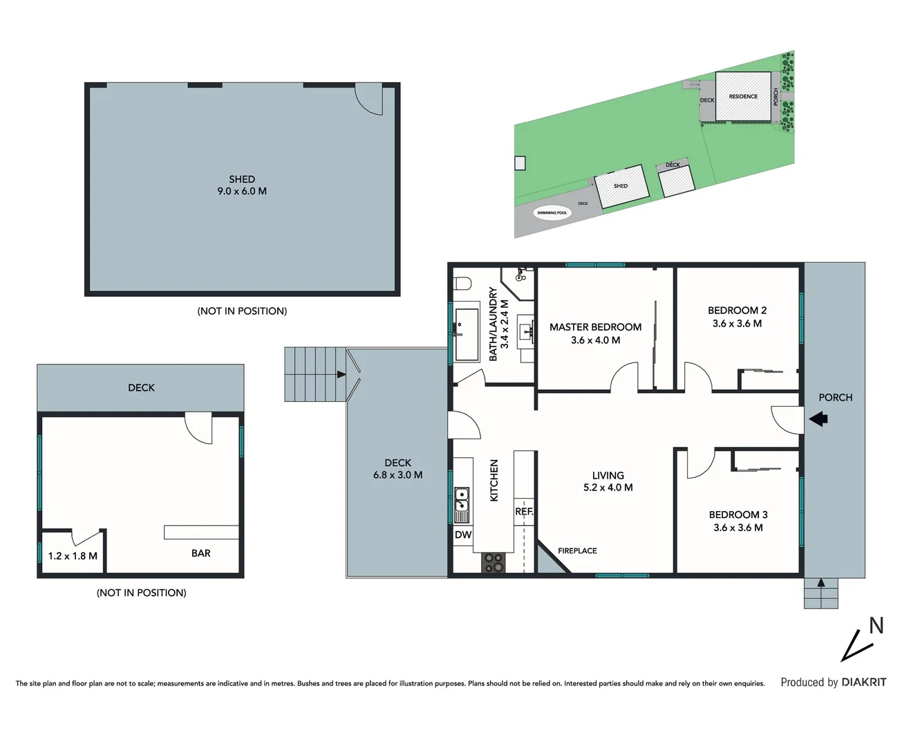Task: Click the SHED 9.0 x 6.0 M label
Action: pyautogui.click(x=242, y=185)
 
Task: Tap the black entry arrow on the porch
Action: pyautogui.click(x=818, y=418)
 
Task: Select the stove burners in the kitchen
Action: pyautogui.click(x=494, y=562)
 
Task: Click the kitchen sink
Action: pyautogui.click(x=461, y=504)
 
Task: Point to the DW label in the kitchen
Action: pyautogui.click(x=463, y=535)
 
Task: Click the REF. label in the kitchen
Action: pyautogui.click(x=524, y=512)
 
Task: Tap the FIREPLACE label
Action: pyautogui.click(x=577, y=551)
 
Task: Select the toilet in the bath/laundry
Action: pyautogui.click(x=463, y=284)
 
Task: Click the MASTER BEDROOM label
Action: pyautogui.click(x=595, y=327)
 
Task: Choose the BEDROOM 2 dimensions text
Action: pyautogui.click(x=737, y=324)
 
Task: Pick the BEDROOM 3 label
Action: pyautogui.click(x=738, y=515)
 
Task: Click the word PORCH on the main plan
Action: pyautogui.click(x=835, y=398)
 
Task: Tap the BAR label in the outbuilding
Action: pyautogui.click(x=201, y=553)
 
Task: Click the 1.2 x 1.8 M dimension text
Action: pyautogui.click(x=73, y=556)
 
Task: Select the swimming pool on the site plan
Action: pyautogui.click(x=552, y=212)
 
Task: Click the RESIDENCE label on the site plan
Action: pyautogui.click(x=743, y=97)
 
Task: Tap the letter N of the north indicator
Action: pyautogui.click(x=876, y=625)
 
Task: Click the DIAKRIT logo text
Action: pyautogui.click(x=863, y=682)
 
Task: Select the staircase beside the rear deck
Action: pyautogui.click(x=314, y=374)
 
